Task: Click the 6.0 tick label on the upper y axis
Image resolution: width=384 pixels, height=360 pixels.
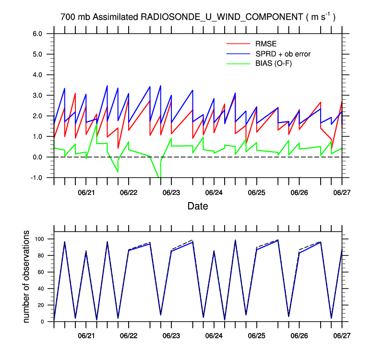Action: click(x=38, y=34)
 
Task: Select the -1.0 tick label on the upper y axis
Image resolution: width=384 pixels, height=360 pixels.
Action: click(x=37, y=178)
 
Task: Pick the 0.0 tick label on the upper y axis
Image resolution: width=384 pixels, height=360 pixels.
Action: click(x=38, y=157)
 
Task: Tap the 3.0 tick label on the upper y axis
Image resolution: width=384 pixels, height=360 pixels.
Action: click(x=38, y=96)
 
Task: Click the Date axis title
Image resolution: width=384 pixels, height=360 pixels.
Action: click(x=198, y=207)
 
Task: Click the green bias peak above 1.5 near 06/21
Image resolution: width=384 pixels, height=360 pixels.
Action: click(x=96, y=124)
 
